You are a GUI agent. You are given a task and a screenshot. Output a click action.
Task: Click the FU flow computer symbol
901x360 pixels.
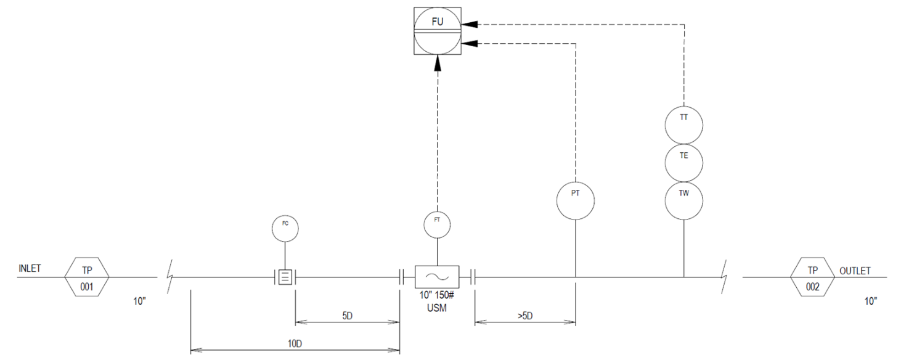click(437, 31)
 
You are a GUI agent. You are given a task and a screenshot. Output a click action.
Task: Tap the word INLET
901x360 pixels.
click(30, 268)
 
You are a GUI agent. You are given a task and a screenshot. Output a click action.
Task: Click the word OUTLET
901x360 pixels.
click(855, 271)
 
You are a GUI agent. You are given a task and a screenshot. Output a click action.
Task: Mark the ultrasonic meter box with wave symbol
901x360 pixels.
click(437, 277)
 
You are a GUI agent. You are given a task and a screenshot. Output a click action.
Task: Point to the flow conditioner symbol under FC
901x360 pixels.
click(285, 277)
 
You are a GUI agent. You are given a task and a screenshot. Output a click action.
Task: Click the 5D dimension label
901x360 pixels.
click(348, 316)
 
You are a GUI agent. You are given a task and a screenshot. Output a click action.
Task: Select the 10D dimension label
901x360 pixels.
click(295, 343)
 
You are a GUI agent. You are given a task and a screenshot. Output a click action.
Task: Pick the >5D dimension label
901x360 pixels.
click(525, 316)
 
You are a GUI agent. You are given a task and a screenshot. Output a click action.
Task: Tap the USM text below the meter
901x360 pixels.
click(437, 308)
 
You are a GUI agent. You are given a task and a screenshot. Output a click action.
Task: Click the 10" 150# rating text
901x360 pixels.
click(437, 295)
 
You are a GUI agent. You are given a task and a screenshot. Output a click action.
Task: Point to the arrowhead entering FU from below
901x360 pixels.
click(438, 63)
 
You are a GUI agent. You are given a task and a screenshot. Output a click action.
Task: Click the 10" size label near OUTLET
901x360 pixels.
click(871, 301)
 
